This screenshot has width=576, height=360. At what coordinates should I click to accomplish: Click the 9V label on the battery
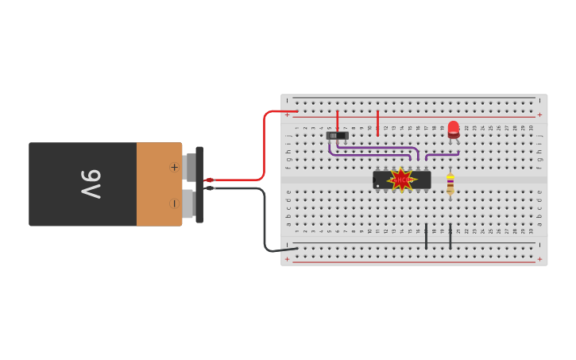click(90, 184)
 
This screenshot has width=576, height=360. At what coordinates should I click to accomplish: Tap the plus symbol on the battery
click(174, 167)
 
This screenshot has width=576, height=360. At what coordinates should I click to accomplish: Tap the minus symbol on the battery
click(174, 203)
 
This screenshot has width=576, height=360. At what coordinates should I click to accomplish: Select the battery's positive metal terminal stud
click(190, 167)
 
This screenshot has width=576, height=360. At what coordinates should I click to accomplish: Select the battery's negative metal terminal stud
click(189, 203)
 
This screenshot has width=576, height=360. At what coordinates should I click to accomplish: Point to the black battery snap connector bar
click(199, 184)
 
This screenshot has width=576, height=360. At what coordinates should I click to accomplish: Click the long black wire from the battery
click(265, 223)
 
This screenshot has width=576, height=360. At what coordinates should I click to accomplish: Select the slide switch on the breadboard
click(338, 136)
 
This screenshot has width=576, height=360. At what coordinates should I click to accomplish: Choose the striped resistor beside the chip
click(450, 184)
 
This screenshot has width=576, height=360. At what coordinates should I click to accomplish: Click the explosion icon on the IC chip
click(401, 180)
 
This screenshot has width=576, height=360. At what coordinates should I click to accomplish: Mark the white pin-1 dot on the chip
click(378, 186)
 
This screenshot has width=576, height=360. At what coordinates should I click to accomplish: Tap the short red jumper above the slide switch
click(338, 120)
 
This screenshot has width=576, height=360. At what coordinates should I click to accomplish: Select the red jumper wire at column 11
click(377, 122)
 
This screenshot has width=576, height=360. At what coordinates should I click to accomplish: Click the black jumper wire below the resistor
click(450, 236)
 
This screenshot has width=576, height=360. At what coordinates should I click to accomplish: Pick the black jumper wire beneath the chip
click(426, 236)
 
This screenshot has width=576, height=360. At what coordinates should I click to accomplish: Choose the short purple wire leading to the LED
click(442, 154)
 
